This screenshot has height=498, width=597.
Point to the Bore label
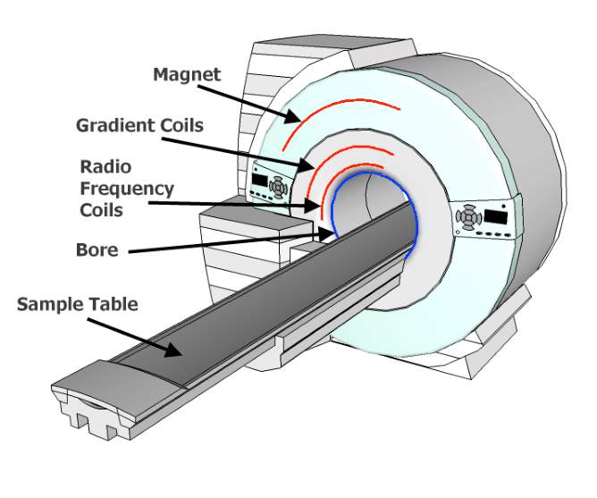97,249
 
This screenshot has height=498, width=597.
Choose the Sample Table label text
78,304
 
